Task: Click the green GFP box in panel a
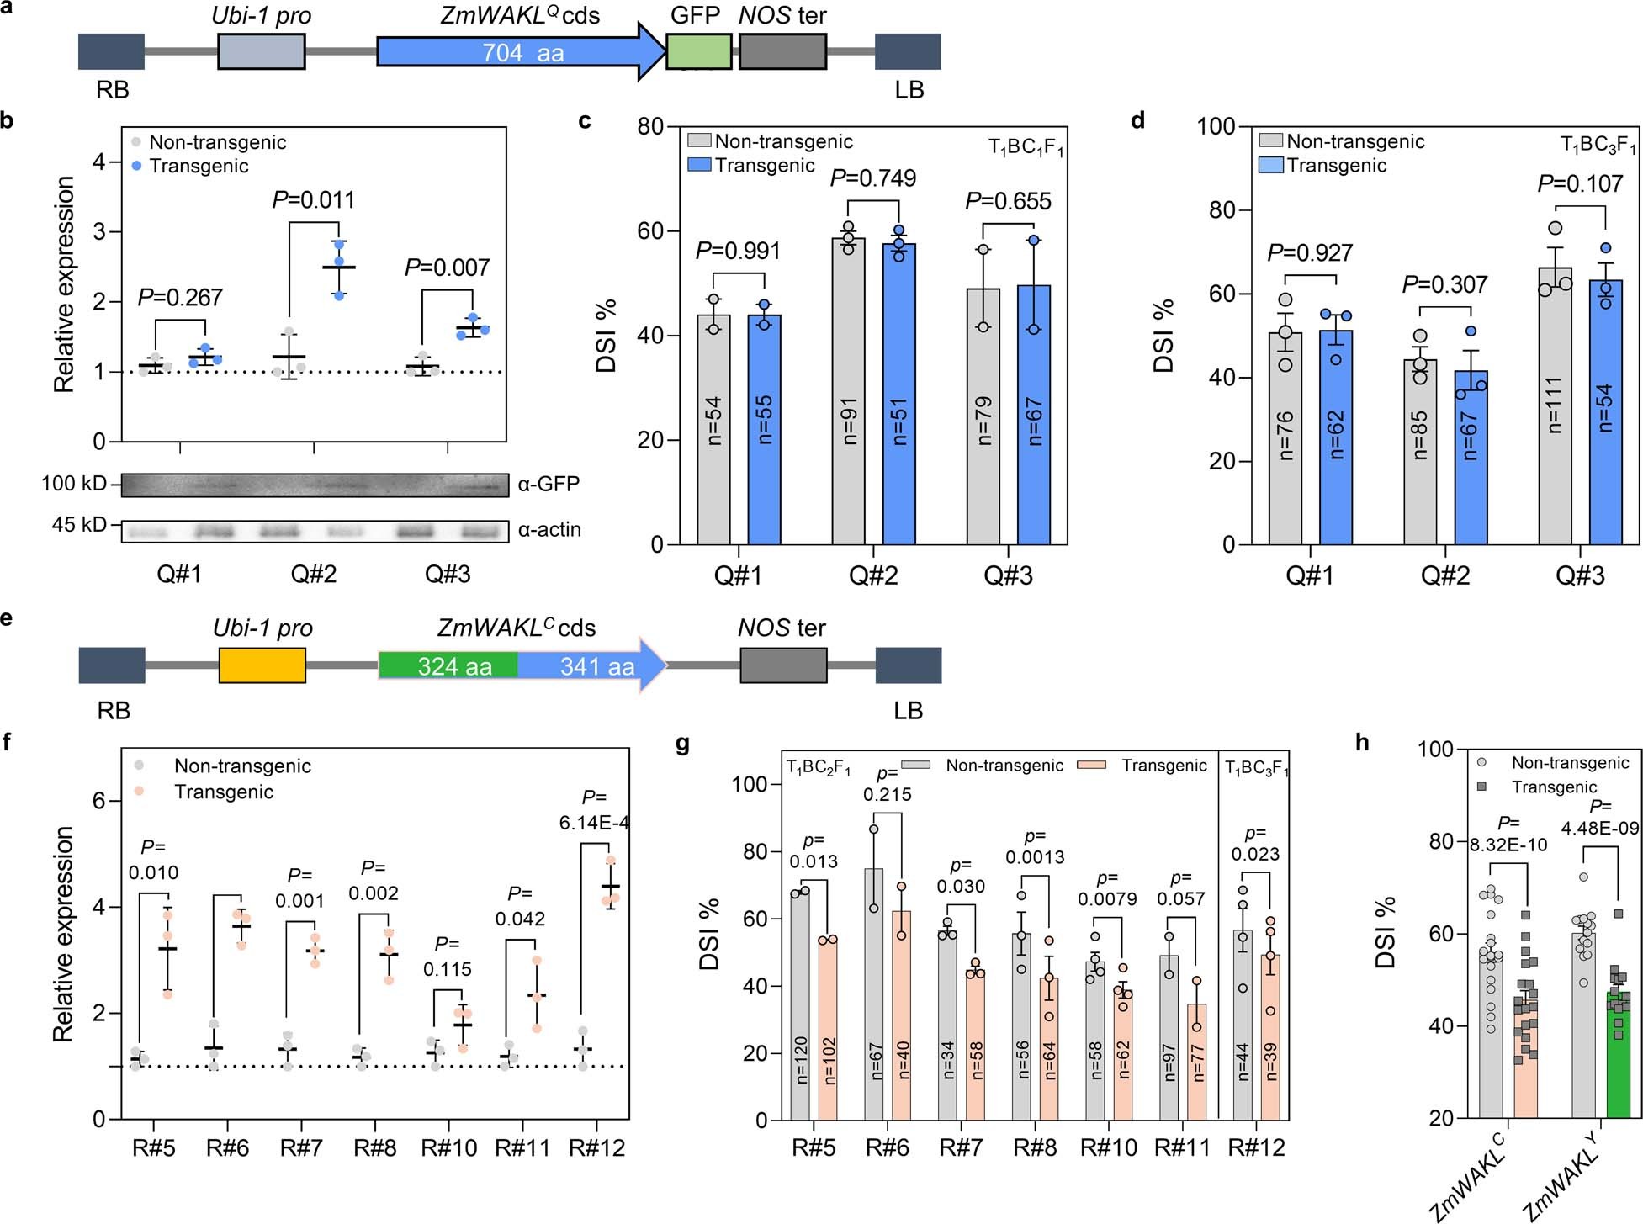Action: (698, 52)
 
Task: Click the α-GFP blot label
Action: (549, 484)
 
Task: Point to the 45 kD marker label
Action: (79, 525)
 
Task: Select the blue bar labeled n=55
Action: (764, 429)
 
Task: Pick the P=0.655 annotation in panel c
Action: (1008, 201)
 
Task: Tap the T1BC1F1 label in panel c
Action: (1025, 149)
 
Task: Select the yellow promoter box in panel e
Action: (262, 665)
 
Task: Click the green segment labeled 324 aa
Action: (448, 665)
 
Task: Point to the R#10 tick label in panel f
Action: (448, 1147)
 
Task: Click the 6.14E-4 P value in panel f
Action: (594, 823)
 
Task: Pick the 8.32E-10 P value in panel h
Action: (1508, 845)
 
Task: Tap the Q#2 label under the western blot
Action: (313, 575)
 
